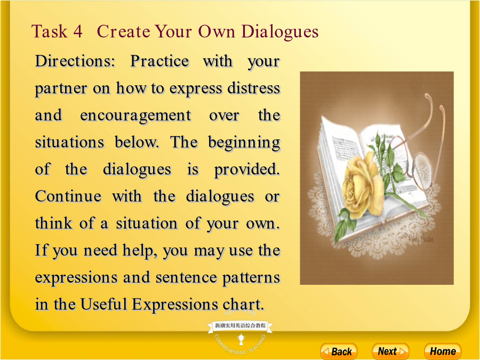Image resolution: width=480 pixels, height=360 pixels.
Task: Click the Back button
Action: coord(339,351)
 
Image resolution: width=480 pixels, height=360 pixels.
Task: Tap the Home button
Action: coord(443,351)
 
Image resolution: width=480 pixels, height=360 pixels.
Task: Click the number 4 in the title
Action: coord(77,31)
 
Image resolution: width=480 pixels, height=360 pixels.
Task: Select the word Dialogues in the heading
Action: coord(280,32)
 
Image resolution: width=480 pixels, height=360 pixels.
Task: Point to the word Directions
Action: coord(75,61)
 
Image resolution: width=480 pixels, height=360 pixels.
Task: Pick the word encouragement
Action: coord(135,116)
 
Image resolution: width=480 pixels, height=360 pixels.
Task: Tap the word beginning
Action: coord(244,142)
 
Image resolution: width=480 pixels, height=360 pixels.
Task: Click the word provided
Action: coord(247,170)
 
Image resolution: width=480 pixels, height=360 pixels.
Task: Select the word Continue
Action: coord(68,196)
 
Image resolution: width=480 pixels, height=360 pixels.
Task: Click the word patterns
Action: coord(251,278)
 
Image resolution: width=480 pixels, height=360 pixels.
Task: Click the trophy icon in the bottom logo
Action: coord(241,339)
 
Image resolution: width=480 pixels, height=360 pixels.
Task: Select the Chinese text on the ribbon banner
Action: coord(240,325)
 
